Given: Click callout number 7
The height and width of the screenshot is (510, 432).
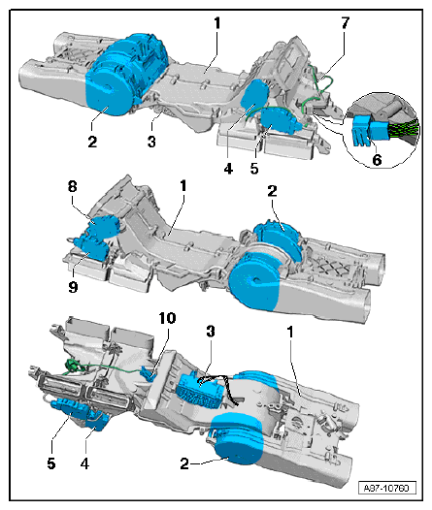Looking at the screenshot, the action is pos(345,23).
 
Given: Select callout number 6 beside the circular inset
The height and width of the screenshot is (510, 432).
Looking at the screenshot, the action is pos(377,160).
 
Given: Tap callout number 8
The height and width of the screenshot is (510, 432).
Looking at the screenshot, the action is pos(72,187).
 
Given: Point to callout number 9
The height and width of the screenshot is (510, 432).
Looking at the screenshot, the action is pos(73,287).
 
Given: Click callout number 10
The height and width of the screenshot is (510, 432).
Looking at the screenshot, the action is pos(167,318).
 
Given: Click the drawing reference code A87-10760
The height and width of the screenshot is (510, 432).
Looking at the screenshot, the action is pos(387,489).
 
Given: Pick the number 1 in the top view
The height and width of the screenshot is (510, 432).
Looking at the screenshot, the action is pos(217,23).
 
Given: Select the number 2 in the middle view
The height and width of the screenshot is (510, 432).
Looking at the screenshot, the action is pos(272,191).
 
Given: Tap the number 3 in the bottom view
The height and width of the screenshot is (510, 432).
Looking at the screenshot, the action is pos(211,331).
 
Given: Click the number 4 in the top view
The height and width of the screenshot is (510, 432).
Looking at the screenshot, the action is pos(228,169).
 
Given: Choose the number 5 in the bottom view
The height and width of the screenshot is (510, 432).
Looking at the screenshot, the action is pos(51,463).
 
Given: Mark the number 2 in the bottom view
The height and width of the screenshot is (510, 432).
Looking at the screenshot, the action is pos(184,463).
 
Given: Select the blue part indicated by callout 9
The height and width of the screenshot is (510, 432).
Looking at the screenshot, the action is pos(90,248).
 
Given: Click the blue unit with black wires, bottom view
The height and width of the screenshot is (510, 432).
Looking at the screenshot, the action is pos(199,390).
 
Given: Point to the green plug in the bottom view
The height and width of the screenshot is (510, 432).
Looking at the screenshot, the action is pos(72,365).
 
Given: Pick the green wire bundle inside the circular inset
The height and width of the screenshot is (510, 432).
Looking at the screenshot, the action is pos(403,129).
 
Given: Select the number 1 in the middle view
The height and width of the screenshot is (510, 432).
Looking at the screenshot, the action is pos(183,186).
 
